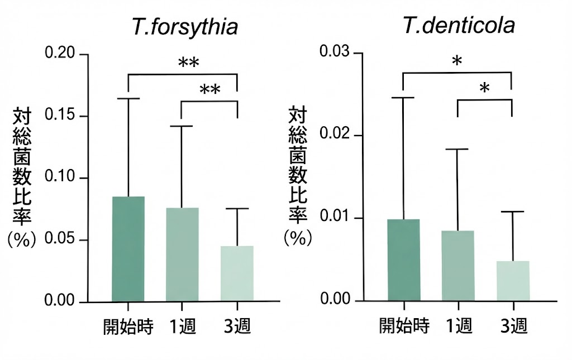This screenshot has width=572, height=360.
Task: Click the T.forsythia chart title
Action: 184,27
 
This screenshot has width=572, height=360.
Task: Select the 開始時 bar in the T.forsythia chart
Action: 128,249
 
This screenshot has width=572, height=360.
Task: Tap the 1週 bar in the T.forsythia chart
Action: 182,255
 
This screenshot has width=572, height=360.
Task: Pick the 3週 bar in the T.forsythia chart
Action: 237,273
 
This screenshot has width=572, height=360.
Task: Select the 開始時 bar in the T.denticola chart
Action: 403,260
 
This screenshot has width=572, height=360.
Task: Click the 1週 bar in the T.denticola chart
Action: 457,265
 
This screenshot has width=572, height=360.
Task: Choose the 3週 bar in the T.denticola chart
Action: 512,280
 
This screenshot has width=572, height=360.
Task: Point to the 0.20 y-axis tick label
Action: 62,55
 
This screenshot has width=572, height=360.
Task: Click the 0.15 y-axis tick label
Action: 62,117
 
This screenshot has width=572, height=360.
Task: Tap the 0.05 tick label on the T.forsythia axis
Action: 62,241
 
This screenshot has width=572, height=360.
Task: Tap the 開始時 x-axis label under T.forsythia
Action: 128,327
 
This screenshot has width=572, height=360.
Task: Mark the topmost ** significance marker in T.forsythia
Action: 189,63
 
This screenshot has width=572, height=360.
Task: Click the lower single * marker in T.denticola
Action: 484,88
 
